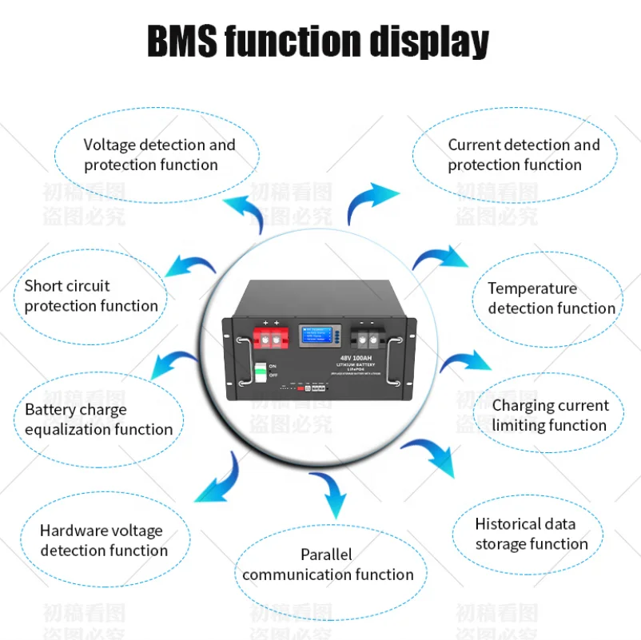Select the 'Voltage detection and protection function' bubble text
point(159,155)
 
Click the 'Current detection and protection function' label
point(524,155)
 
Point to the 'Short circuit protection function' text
point(91,296)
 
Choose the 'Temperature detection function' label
point(551,298)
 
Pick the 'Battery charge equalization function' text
point(98,419)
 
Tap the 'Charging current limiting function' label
point(550,415)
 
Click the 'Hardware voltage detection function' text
point(104,540)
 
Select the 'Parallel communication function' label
point(328,564)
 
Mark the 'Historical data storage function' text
point(532,534)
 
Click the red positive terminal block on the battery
point(272,336)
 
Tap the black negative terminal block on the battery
point(368,336)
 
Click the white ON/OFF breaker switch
point(261,371)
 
